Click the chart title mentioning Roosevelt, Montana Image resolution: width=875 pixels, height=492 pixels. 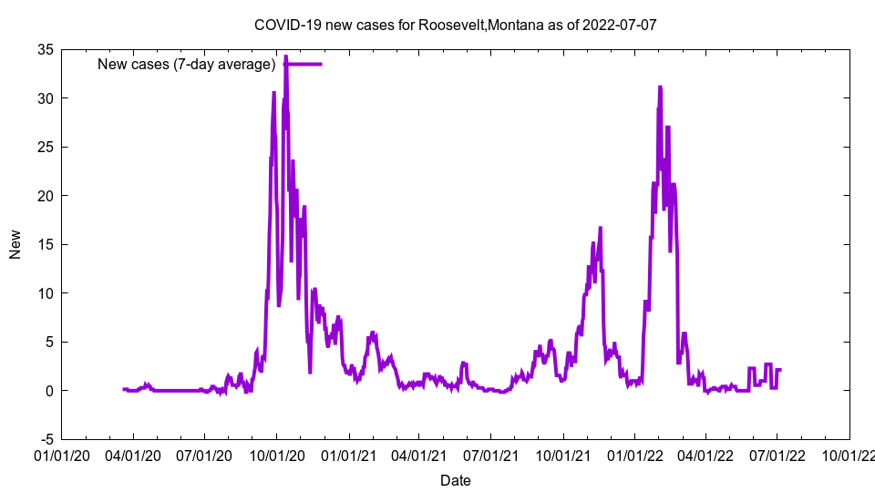[455, 25]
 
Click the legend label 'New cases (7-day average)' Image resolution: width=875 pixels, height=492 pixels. [187, 64]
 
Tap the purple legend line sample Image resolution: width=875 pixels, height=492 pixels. [302, 64]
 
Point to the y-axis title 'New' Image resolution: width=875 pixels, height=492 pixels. [15, 244]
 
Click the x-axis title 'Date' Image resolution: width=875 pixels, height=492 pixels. [456, 480]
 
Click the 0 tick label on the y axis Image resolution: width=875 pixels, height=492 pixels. [49, 391]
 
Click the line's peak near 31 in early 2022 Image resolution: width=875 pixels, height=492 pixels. [660, 87]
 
